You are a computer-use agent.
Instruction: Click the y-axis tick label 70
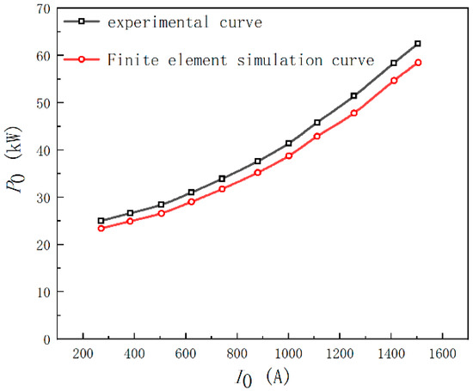[x=42, y=9]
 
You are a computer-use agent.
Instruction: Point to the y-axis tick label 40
[x=42, y=150]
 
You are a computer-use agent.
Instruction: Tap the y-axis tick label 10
[x=42, y=292]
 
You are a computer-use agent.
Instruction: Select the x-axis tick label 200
[x=83, y=354]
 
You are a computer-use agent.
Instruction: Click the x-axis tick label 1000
[x=289, y=354]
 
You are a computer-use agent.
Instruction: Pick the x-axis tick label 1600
[x=443, y=354]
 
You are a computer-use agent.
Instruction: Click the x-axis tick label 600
[x=186, y=354]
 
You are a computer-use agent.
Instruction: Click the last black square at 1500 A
[x=418, y=44]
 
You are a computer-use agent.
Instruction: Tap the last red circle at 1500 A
[x=418, y=63]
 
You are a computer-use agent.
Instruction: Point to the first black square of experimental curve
[x=101, y=221]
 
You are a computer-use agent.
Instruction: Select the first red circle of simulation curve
[x=101, y=229]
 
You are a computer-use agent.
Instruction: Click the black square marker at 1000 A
[x=289, y=144]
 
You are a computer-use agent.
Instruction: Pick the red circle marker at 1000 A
[x=289, y=156]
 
